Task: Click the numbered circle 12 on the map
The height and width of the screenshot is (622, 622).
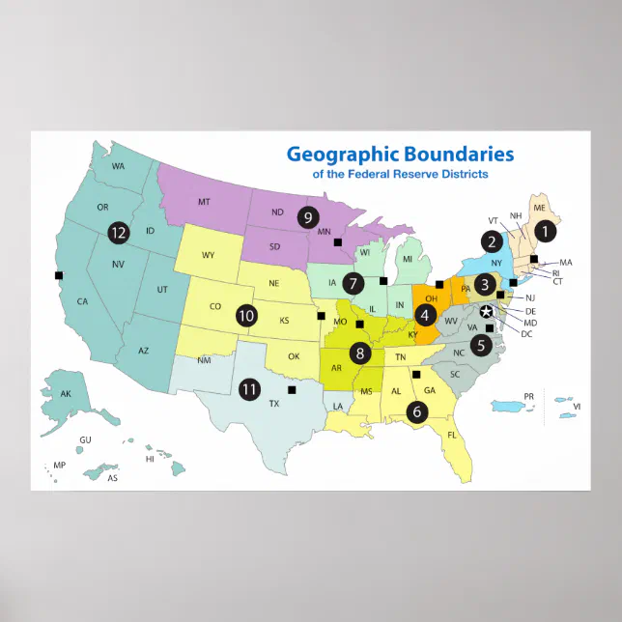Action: click(x=119, y=233)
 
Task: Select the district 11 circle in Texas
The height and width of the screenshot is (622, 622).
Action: click(x=250, y=389)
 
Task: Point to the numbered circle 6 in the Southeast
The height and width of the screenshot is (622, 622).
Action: click(x=417, y=410)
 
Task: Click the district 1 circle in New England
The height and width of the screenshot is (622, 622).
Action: click(x=546, y=231)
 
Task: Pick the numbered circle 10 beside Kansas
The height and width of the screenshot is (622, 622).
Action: click(x=246, y=315)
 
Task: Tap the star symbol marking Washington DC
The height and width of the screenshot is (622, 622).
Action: click(x=487, y=310)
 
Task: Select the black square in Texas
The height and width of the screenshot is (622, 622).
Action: click(x=292, y=390)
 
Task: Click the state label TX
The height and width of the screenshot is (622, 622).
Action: click(x=274, y=404)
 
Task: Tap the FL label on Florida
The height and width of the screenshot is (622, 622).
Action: click(x=451, y=435)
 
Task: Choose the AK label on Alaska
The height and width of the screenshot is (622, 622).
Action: click(x=66, y=394)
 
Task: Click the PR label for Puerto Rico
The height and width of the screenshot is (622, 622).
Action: click(x=528, y=396)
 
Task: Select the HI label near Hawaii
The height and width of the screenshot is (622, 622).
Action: click(x=150, y=459)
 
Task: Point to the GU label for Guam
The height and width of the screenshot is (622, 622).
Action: click(x=85, y=439)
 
